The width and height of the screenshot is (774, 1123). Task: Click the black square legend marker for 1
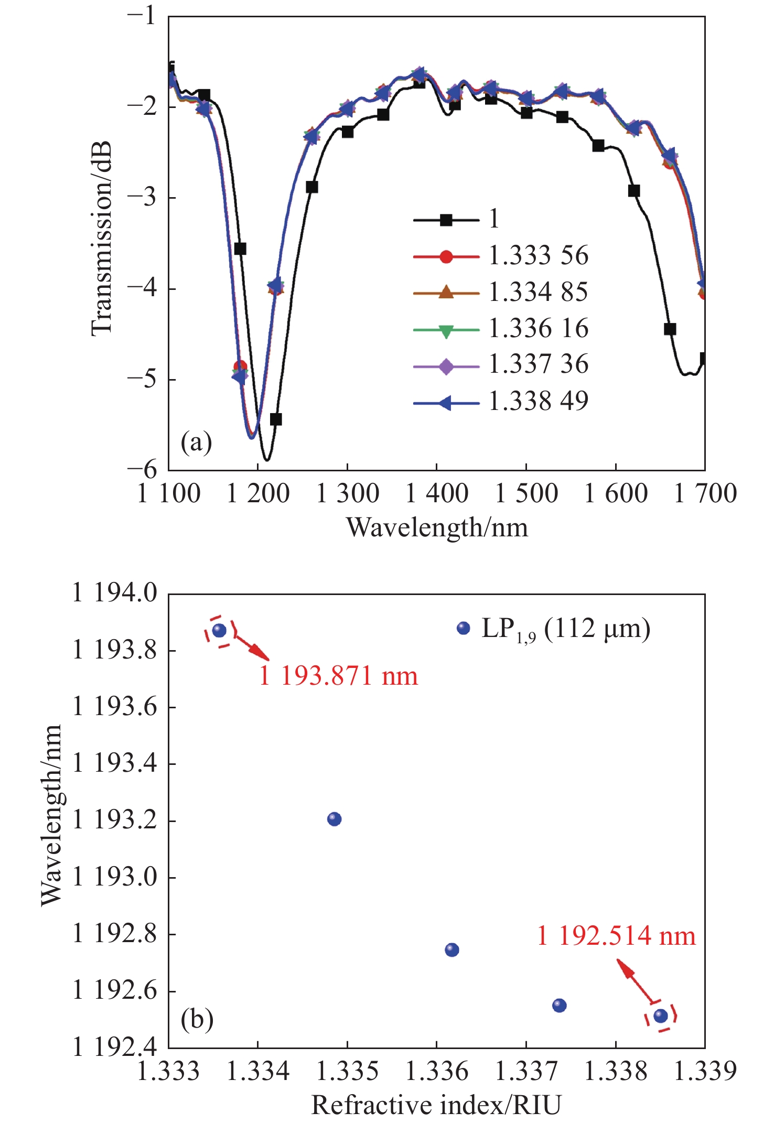(446, 220)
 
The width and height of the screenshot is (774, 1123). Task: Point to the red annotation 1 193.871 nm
(339, 676)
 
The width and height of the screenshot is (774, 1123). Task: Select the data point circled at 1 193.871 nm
(219, 631)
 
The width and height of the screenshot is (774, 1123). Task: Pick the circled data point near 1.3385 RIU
(661, 1016)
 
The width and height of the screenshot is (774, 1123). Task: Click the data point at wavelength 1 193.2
(334, 819)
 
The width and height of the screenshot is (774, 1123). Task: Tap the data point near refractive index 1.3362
(451, 950)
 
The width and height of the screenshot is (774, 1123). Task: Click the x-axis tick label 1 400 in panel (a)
(437, 494)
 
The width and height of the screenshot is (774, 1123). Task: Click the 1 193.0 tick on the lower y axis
(114, 877)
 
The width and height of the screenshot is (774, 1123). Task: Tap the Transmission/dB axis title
(102, 239)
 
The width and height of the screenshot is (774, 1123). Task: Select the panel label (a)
(196, 443)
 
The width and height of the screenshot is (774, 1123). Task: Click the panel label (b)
(197, 1020)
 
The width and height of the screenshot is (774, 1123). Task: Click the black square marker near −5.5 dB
(276, 419)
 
